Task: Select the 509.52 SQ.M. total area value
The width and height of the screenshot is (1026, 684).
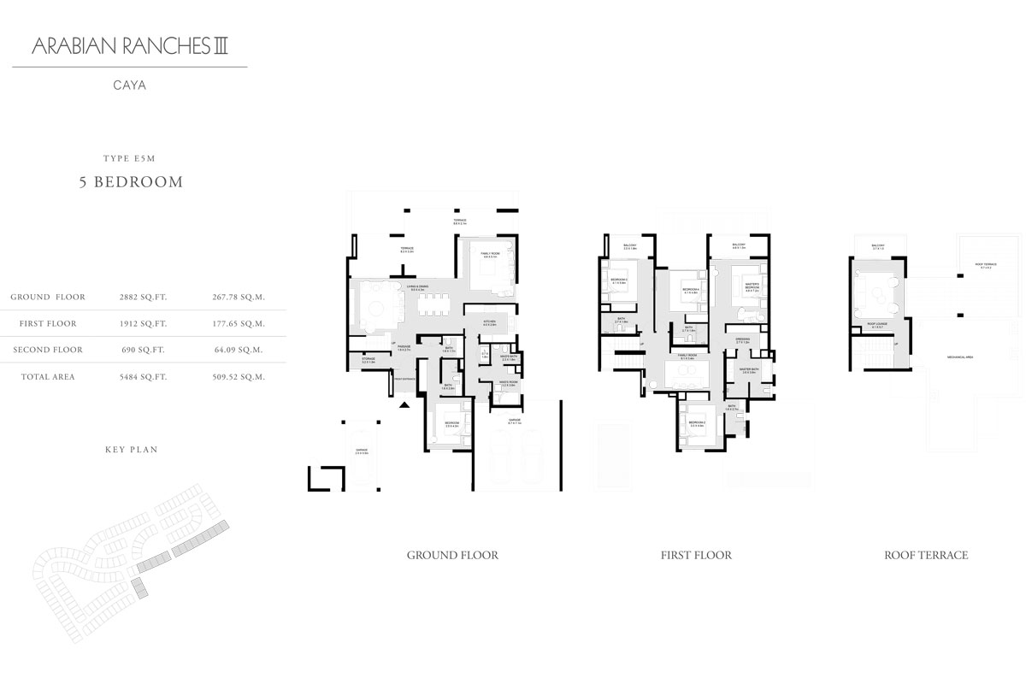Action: pyautogui.click(x=237, y=376)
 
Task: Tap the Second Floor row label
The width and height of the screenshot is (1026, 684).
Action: pyautogui.click(x=48, y=350)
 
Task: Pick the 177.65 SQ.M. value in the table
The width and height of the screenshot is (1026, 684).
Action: pyautogui.click(x=237, y=324)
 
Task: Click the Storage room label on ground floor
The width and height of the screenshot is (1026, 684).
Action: pyautogui.click(x=368, y=360)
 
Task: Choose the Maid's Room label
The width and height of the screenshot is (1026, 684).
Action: pyautogui.click(x=486, y=385)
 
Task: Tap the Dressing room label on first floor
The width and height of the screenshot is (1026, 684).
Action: pyautogui.click(x=742, y=339)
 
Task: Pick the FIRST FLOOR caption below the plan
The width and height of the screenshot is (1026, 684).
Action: pyautogui.click(x=696, y=556)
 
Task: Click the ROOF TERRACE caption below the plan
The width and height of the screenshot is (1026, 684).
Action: pyautogui.click(x=926, y=556)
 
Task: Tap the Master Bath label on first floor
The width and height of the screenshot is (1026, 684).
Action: pyautogui.click(x=750, y=371)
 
